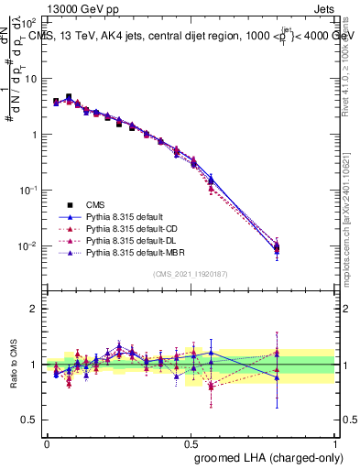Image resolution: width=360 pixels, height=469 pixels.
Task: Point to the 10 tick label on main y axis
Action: click(x=30, y=79)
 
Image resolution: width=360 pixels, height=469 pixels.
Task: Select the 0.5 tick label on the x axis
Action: click(x=191, y=442)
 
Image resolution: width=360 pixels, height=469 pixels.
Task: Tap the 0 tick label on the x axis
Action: click(x=47, y=442)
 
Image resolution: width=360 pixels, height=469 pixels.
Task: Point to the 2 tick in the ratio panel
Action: click(x=34, y=309)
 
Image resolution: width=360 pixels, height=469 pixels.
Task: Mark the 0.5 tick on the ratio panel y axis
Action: click(x=30, y=420)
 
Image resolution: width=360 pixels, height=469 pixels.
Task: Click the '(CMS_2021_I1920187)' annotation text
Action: click(x=191, y=274)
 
